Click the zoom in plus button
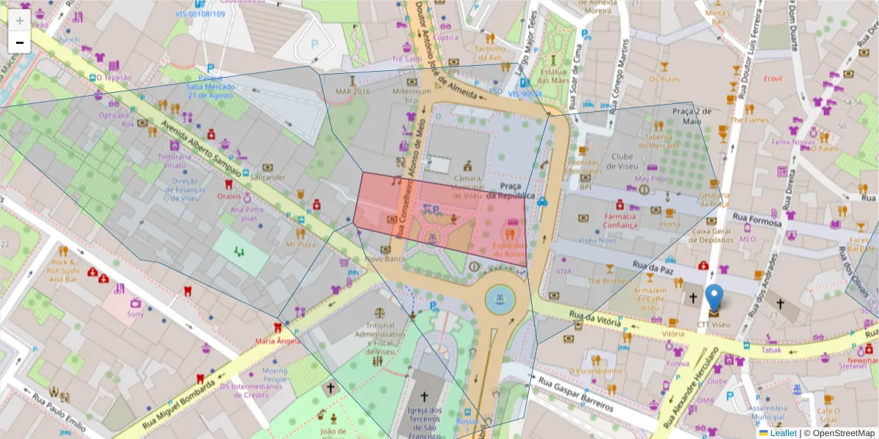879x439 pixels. pyautogui.click(x=20, y=20)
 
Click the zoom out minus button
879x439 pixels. pyautogui.click(x=20, y=42)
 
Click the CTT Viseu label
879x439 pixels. pyautogui.click(x=713, y=323)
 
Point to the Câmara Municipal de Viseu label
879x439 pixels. pyautogui.click(x=467, y=187)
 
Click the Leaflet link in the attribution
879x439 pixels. pyautogui.click(x=783, y=432)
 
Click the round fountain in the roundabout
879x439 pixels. pyautogui.click(x=500, y=299)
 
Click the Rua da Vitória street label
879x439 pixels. pyautogui.click(x=594, y=319)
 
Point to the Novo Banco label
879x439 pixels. pyautogui.click(x=385, y=259)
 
